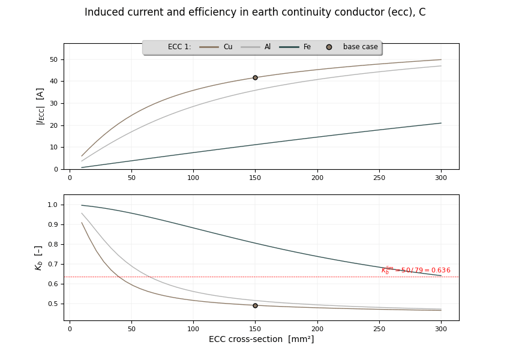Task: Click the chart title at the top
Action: pyautogui.click(x=255, y=13)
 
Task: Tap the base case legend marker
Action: pyautogui.click(x=329, y=47)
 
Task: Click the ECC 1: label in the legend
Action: pyautogui.click(x=179, y=47)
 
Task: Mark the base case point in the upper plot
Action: pyautogui.click(x=255, y=77)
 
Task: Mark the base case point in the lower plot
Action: pyautogui.click(x=255, y=305)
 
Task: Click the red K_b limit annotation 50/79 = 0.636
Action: pyautogui.click(x=416, y=271)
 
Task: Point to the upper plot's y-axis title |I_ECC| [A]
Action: pyautogui.click(x=40, y=106)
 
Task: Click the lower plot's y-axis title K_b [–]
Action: pyautogui.click(x=38, y=257)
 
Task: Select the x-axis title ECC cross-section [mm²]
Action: pyautogui.click(x=261, y=340)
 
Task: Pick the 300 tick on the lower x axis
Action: pyautogui.click(x=441, y=329)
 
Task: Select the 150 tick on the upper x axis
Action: pyautogui.click(x=255, y=178)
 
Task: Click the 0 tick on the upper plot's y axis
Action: pyautogui.click(x=55, y=169)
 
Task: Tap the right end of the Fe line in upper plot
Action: pyautogui.click(x=441, y=123)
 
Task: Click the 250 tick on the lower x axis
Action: pyautogui.click(x=379, y=329)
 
